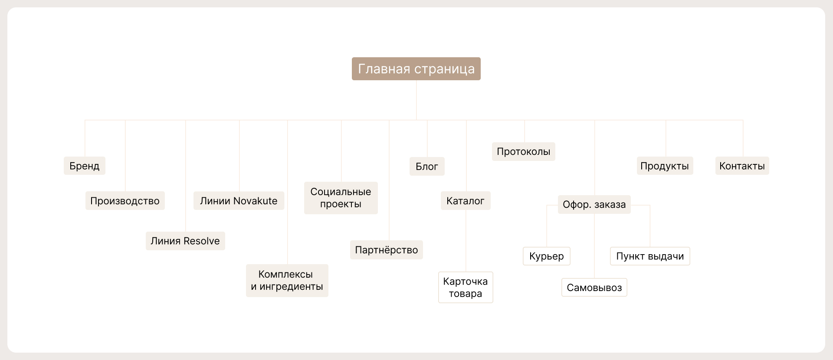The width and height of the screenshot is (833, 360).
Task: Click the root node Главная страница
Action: click(416, 69)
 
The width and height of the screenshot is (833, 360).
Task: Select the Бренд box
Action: click(85, 166)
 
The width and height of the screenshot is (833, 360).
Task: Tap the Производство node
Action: click(125, 201)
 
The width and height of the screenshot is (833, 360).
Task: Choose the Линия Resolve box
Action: click(185, 241)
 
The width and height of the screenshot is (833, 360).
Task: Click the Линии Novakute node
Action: click(239, 201)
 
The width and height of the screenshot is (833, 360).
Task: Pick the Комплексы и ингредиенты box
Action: click(287, 280)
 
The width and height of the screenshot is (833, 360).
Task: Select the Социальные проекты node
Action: click(341, 198)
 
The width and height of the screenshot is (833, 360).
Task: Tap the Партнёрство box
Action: click(386, 250)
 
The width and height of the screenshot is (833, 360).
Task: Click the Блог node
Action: click(427, 166)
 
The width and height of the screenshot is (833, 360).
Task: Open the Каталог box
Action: click(466, 201)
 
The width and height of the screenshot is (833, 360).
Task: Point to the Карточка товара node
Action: click(466, 287)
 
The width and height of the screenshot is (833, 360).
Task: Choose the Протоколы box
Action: click(523, 151)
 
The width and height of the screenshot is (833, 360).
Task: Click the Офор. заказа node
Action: click(594, 204)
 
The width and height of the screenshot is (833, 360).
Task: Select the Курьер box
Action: click(546, 256)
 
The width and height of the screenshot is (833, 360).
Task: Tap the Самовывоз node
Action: click(594, 287)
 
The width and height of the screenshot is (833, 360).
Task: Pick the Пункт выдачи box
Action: click(650, 256)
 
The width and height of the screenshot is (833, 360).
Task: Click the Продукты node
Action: click(665, 166)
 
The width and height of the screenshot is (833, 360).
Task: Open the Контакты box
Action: click(742, 166)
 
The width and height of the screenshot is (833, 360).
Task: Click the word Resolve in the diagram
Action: click(202, 241)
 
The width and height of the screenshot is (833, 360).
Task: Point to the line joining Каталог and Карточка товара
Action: click(466, 241)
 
